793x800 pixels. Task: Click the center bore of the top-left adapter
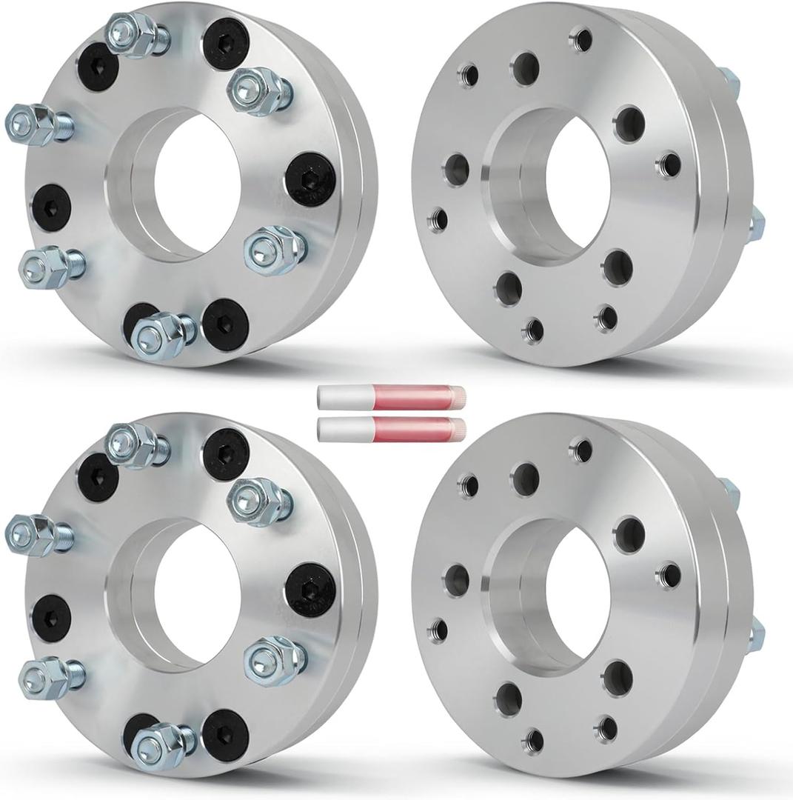(x=196, y=185)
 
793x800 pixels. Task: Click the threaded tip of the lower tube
(x=458, y=427)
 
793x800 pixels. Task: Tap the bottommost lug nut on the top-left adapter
(x=160, y=333)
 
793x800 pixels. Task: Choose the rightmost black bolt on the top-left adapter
(x=309, y=177)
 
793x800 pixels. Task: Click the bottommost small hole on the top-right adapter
(x=533, y=330)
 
